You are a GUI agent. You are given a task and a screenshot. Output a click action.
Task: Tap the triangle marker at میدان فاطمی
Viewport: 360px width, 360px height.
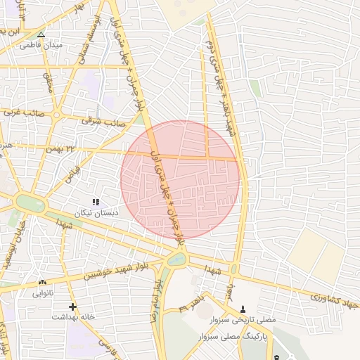[x=41, y=34]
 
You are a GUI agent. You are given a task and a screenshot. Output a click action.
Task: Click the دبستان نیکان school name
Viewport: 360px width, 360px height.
[x=98, y=212]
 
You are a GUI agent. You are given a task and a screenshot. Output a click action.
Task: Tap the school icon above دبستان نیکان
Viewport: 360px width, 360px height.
[x=96, y=202]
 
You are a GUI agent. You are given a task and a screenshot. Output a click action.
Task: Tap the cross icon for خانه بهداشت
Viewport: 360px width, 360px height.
[x=73, y=307]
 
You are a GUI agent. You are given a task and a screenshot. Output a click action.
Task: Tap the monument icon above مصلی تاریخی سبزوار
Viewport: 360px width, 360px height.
[x=243, y=309]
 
